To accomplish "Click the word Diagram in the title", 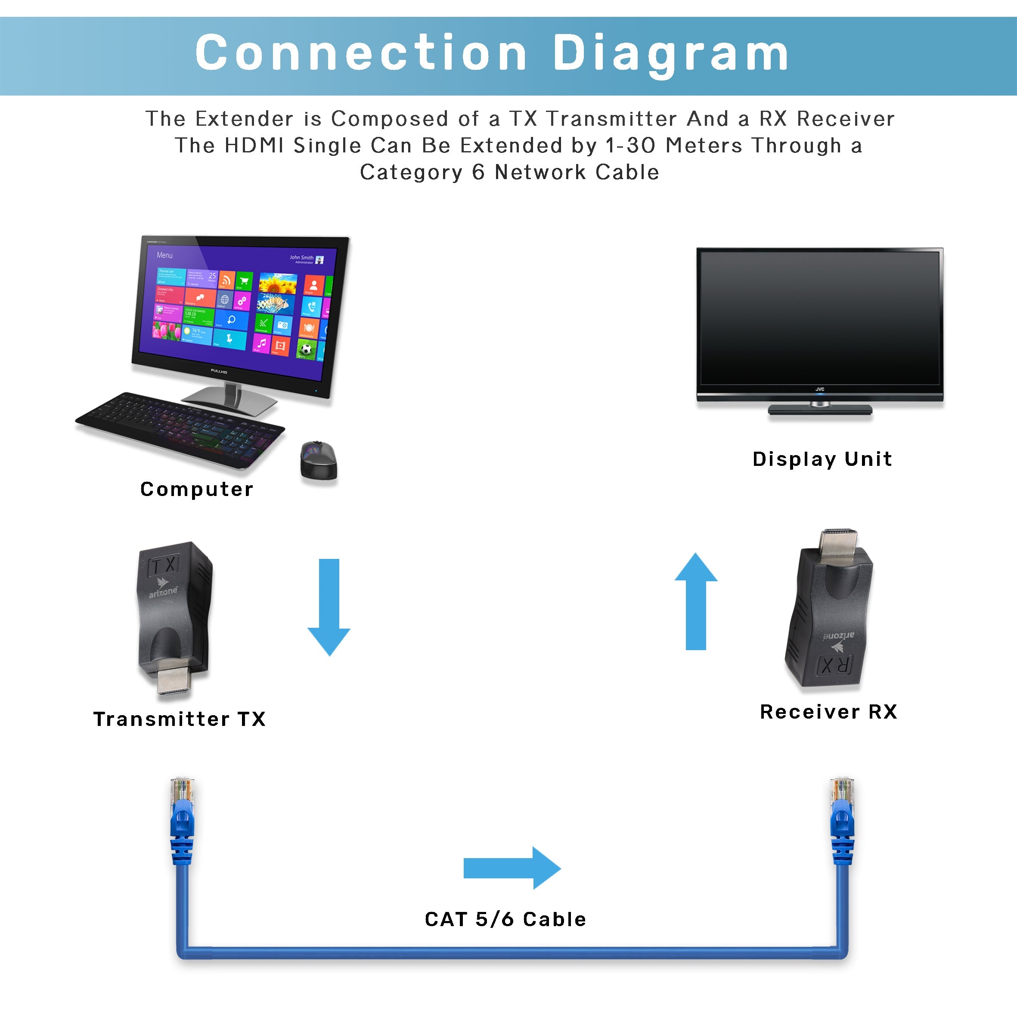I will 670,54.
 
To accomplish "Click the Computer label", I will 196,490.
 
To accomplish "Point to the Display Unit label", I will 822,459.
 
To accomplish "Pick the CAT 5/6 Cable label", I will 505,919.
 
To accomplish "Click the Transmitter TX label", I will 180,719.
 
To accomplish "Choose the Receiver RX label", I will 828,712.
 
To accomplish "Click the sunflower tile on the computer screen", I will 278,284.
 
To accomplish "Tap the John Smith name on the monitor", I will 301,257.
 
